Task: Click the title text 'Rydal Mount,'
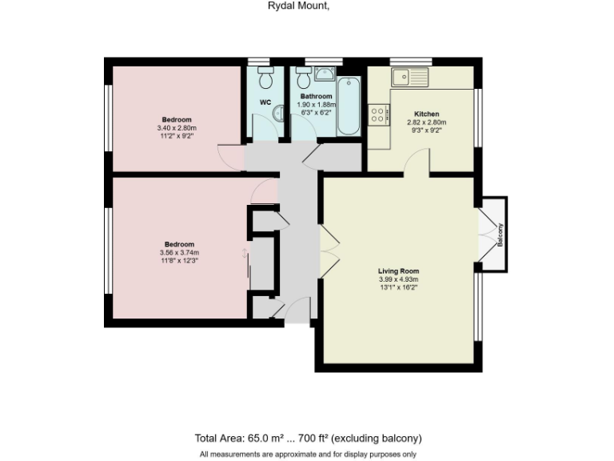pos(297,6)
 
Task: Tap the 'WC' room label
pos(265,102)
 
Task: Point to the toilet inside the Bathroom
pos(304,80)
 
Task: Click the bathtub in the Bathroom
pos(349,107)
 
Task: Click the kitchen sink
pos(409,77)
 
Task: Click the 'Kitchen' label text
pos(426,114)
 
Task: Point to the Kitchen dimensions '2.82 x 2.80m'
pos(426,122)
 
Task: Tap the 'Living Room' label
pos(398,271)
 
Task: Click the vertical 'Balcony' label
pos(500,234)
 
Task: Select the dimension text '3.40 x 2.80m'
pos(177,128)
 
